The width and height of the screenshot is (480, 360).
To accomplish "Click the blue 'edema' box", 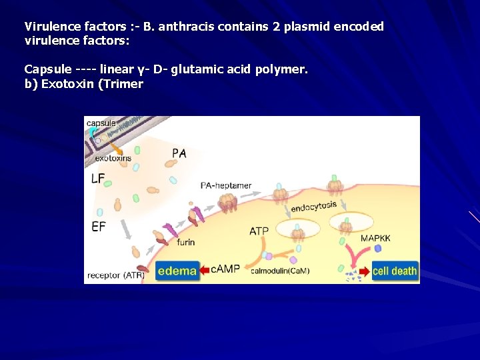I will [177, 271].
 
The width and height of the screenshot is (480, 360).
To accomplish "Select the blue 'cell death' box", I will [395, 271].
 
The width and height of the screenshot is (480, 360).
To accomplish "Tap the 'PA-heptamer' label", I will [227, 185].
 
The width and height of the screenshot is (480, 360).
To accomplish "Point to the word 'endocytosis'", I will [314, 207].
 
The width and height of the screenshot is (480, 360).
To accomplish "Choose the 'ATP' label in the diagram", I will [259, 231].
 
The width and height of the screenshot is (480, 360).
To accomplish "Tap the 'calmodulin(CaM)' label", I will [280, 271].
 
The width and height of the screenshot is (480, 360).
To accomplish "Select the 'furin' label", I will [186, 242].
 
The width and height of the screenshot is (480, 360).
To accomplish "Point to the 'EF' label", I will [98, 227].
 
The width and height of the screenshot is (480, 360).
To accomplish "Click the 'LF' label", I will [98, 179].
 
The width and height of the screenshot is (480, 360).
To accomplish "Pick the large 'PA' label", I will [179, 153].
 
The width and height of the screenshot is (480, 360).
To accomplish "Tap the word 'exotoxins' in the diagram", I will [113, 158].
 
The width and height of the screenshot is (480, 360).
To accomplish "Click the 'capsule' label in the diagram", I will [101, 123].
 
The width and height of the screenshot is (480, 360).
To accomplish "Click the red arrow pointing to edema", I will [205, 270].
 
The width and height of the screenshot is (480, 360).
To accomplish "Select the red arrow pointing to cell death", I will [364, 271].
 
